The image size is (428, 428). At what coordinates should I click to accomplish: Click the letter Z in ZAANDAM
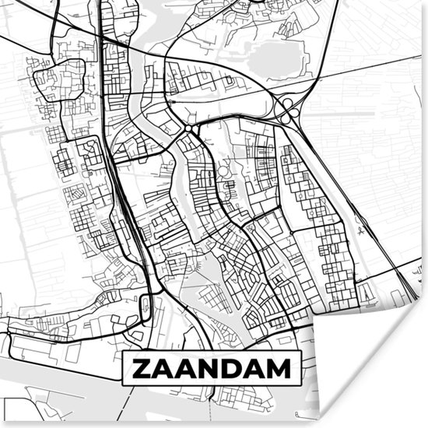142,368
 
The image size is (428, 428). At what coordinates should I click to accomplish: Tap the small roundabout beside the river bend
189,127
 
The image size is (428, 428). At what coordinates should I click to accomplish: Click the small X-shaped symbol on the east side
361,230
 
